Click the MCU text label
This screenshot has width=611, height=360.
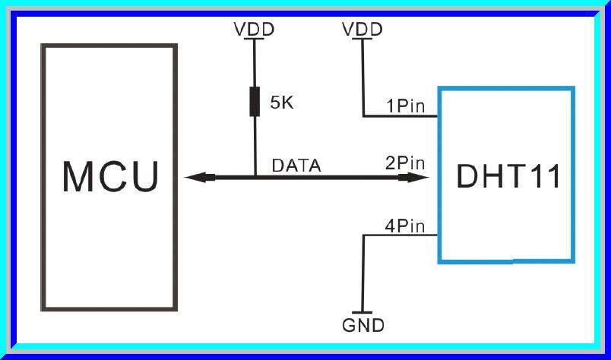point(111,177)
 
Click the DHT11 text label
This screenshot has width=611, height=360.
point(508,176)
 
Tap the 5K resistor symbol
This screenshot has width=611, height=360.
point(255,102)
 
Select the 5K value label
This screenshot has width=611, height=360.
point(281,102)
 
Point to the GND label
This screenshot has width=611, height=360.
point(363,327)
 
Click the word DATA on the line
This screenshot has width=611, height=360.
point(297,164)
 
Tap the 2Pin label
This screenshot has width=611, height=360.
point(405,163)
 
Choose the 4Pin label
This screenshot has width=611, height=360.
point(405,226)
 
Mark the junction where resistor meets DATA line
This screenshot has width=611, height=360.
point(255,178)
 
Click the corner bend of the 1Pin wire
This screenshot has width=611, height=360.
point(363,116)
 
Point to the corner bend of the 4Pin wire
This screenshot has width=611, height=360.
point(364,235)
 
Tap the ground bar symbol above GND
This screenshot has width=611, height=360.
point(364,313)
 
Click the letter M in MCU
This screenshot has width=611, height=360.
point(79,177)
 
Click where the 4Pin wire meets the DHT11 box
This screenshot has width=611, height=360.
point(438,235)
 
